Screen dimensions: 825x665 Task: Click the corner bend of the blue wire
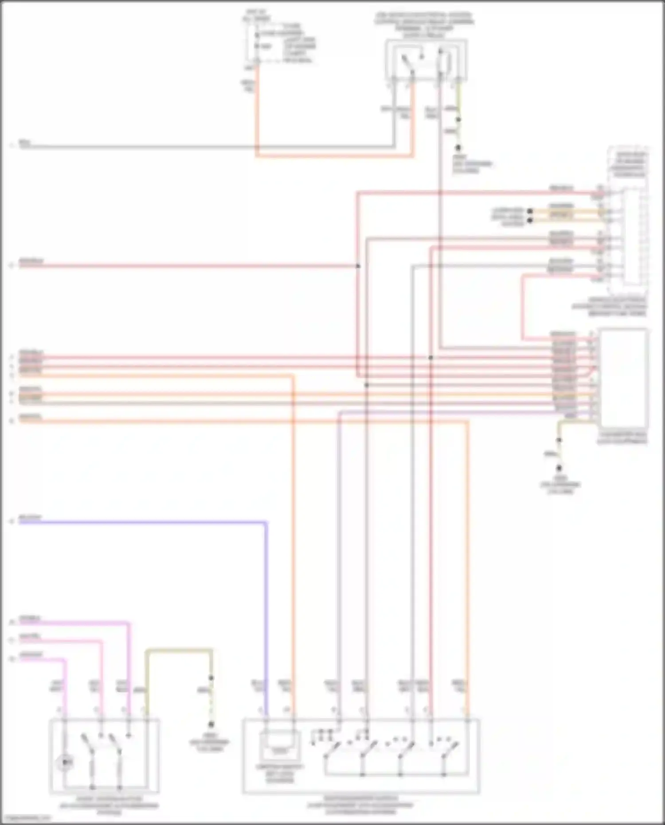[266, 524]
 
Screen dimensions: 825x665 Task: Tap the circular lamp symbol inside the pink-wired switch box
[65, 762]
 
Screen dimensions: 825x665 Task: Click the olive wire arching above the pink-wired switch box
[179, 650]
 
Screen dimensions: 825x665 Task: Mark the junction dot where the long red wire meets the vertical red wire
[358, 266]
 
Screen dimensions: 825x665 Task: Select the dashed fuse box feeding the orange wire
[266, 42]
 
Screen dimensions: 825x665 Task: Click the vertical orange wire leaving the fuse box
[256, 115]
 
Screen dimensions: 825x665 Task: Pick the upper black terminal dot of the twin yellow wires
[530, 211]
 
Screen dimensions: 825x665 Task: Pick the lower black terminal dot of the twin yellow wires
[530, 220]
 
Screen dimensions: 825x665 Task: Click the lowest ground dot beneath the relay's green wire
[458, 148]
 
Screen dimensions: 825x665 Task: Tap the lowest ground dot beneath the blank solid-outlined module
[559, 468]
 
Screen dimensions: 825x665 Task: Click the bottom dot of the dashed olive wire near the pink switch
[211, 724]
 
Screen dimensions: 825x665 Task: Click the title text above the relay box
[424, 24]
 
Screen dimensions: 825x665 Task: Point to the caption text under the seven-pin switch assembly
[360, 805]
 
